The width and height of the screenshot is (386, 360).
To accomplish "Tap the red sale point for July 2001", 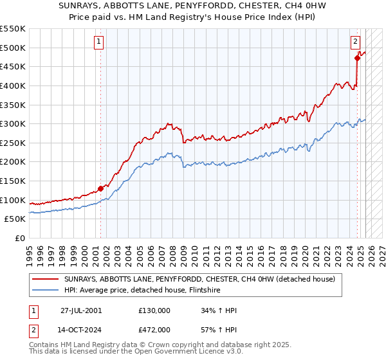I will [x=101, y=188].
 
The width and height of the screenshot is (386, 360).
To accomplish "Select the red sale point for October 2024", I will [x=357, y=58].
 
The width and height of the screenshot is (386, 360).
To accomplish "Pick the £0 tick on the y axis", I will [x=21, y=238].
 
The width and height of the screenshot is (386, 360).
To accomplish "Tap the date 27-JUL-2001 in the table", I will [x=80, y=311].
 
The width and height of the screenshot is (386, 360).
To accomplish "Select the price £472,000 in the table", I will [x=154, y=329].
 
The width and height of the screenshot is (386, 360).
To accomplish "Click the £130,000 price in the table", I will [x=154, y=311].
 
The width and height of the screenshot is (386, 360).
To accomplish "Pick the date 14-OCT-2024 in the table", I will [x=81, y=329].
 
